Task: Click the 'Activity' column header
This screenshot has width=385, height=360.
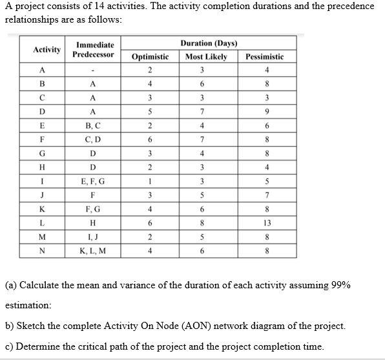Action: tap(47, 49)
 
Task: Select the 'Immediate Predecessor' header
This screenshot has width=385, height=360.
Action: tap(95, 50)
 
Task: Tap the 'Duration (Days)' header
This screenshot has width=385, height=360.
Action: tap(209, 43)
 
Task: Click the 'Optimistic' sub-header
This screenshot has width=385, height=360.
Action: tap(150, 57)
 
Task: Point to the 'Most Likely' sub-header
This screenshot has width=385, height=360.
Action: tap(206, 57)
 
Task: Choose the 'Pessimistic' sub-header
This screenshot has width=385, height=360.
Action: tap(264, 57)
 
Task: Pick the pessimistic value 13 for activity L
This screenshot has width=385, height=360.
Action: tap(267, 223)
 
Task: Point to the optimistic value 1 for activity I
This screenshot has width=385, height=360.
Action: tap(150, 182)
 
